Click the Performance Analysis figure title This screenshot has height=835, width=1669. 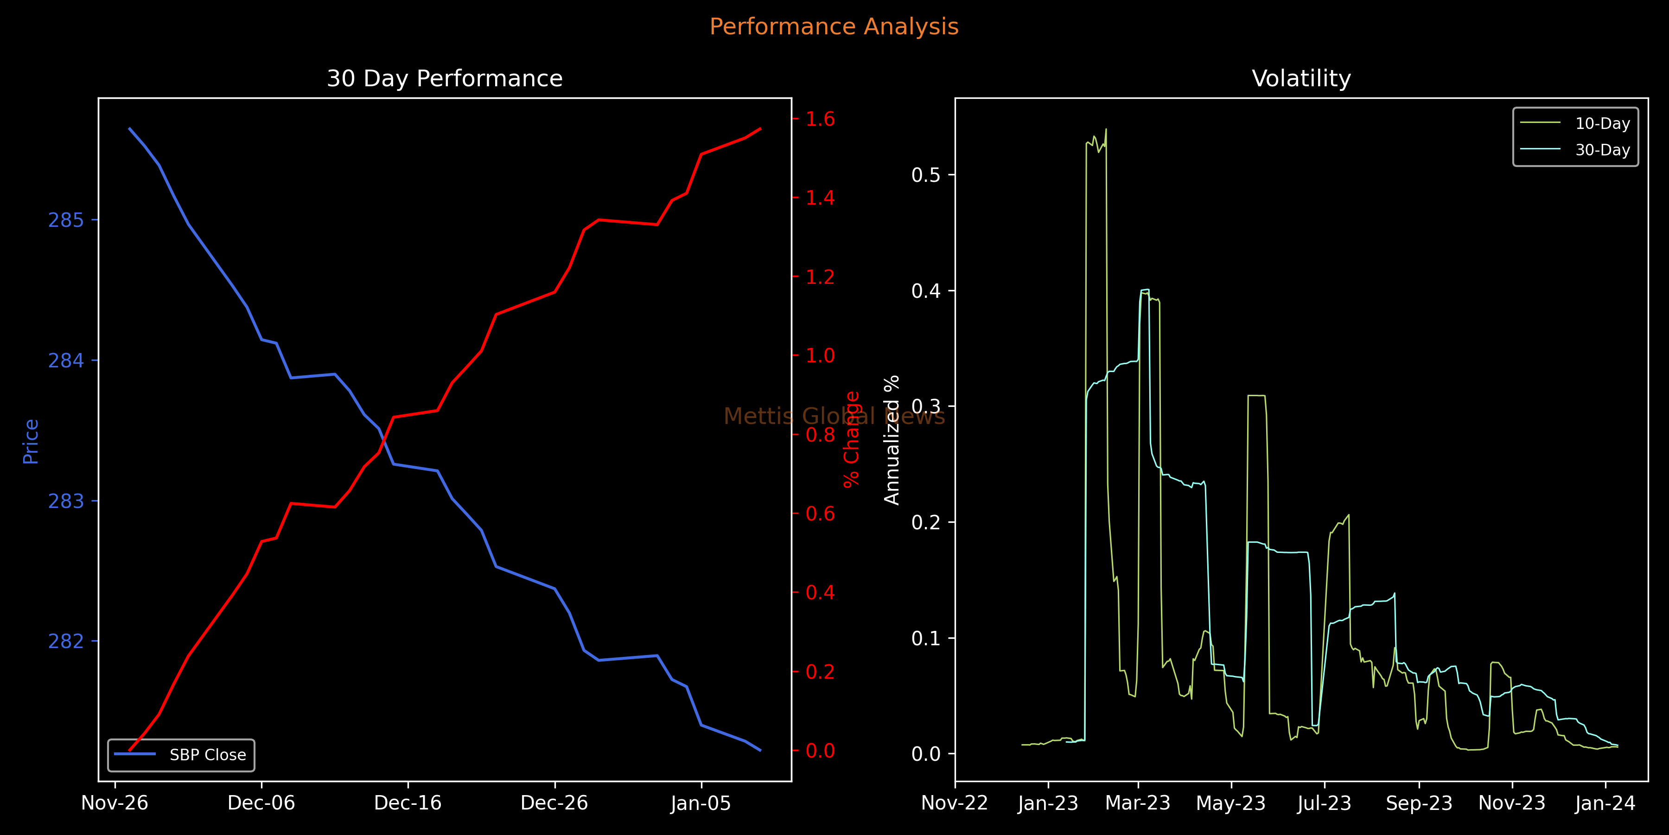[x=834, y=26]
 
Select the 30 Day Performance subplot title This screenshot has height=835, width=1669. [x=445, y=78]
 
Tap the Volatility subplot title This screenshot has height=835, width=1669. [x=1301, y=78]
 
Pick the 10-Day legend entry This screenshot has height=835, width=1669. [x=1602, y=123]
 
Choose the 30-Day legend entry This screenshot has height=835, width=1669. [x=1602, y=150]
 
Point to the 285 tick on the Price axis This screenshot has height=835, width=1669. [x=66, y=220]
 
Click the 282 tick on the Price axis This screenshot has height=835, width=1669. [x=66, y=641]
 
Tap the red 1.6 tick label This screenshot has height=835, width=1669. [x=820, y=119]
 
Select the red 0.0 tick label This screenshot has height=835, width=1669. [x=820, y=751]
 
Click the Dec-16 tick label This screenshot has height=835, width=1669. [x=408, y=803]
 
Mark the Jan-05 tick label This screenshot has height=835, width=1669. [x=701, y=803]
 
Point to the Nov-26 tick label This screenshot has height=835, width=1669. [x=115, y=803]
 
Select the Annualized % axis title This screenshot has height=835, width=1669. [x=892, y=440]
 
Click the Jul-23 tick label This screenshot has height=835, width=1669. [x=1324, y=803]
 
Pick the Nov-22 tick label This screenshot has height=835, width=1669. [x=955, y=803]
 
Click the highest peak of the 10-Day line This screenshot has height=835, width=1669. [x=1106, y=129]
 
